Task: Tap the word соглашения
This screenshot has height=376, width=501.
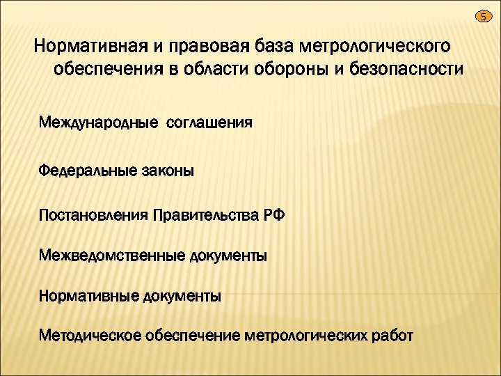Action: point(209,123)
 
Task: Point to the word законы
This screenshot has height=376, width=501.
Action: point(168,169)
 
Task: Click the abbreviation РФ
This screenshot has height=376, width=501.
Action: point(273,214)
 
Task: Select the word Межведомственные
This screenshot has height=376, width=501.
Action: point(111,256)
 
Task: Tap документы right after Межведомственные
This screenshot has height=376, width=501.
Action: point(228,256)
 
